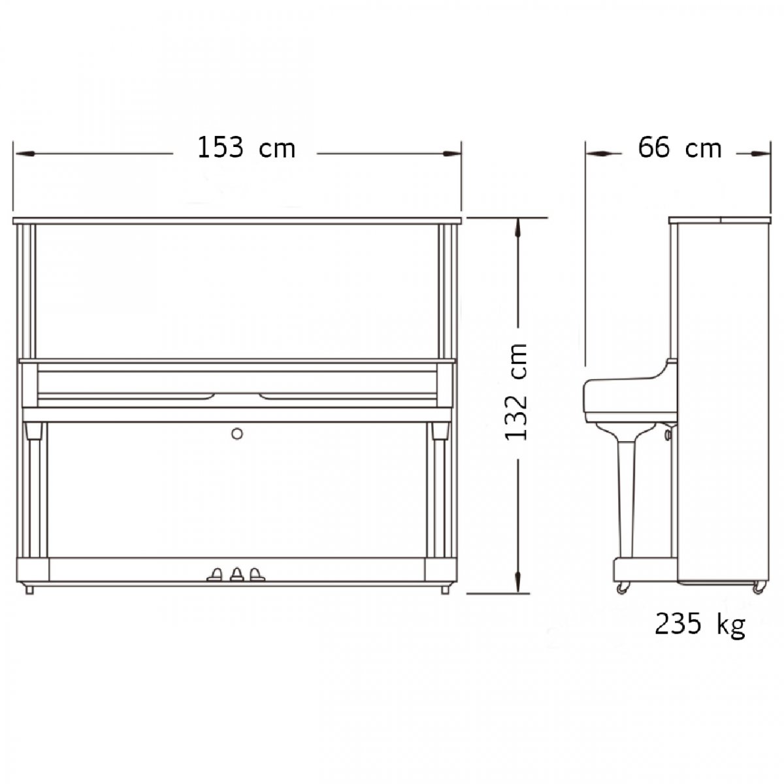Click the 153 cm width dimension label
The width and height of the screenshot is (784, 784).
pos(246,148)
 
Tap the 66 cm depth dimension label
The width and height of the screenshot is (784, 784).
pos(679,148)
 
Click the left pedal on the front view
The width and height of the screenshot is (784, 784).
pos(215,574)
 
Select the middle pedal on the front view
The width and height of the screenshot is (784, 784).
pos(237,574)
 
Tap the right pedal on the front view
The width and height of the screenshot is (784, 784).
pos(257,574)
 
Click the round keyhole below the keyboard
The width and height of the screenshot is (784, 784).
pos(237,434)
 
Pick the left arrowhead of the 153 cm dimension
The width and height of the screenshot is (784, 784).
pos(24,154)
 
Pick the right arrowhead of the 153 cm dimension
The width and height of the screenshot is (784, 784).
pos(451,154)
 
